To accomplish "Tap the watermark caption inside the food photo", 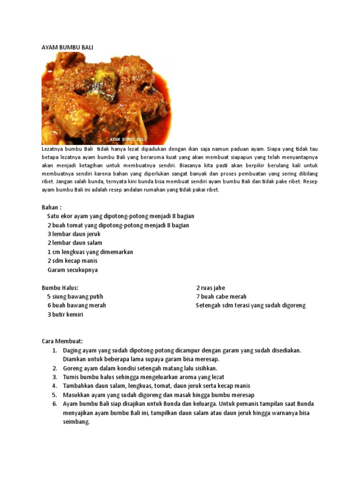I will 128,139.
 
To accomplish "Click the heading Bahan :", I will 52,207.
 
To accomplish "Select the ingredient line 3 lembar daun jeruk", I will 74,234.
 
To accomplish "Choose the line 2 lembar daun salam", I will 75,243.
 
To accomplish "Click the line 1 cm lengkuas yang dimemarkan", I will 90,252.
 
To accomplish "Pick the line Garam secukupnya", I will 73,270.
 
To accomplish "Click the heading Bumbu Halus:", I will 60,288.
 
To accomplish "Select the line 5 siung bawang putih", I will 75,297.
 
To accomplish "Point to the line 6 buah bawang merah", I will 76,305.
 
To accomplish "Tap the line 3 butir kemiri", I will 65,315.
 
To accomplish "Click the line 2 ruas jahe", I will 213,288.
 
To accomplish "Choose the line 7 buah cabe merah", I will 221,297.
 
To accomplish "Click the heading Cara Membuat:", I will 62,341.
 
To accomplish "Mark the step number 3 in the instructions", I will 54,377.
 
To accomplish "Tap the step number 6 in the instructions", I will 54,404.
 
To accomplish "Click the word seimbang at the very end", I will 76,421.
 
